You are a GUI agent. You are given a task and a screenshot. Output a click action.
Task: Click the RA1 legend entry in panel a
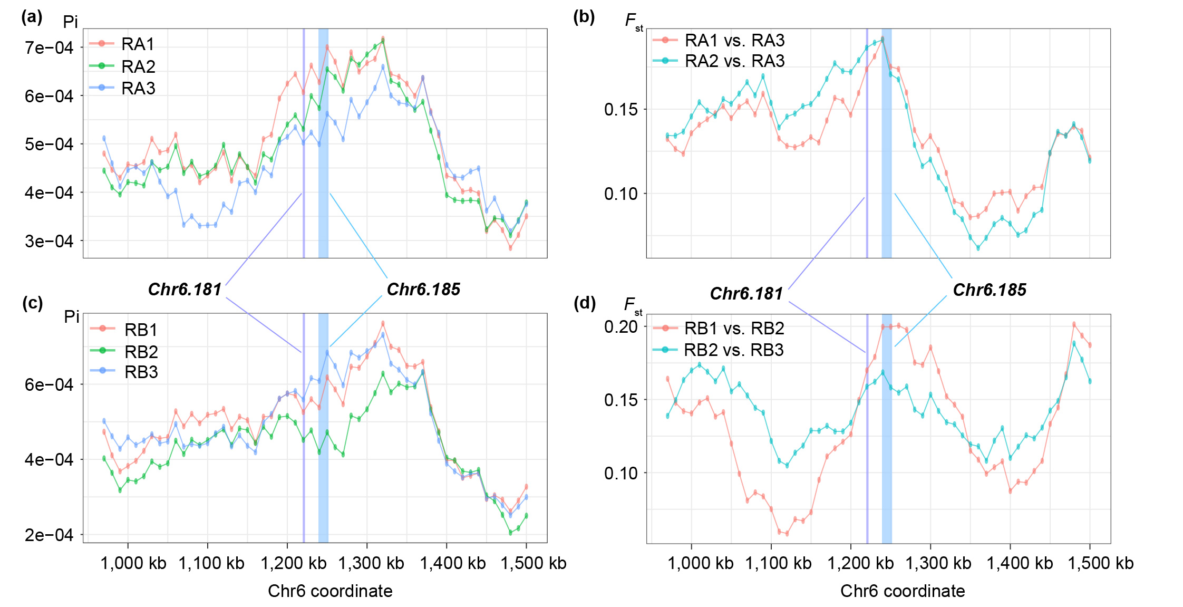[x=138, y=44]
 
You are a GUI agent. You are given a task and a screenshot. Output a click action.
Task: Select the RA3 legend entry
[x=138, y=88]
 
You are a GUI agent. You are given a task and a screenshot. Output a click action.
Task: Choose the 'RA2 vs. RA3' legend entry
[x=734, y=61]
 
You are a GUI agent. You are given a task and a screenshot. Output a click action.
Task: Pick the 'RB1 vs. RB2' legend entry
[x=734, y=329]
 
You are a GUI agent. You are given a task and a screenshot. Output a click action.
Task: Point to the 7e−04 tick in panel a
[x=49, y=48]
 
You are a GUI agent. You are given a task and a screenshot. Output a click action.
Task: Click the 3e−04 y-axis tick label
[x=49, y=241]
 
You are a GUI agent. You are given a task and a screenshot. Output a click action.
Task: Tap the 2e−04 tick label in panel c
[x=49, y=535]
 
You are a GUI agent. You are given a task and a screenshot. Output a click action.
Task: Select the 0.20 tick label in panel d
[x=621, y=326]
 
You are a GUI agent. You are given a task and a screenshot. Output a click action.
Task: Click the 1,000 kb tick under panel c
[x=133, y=563]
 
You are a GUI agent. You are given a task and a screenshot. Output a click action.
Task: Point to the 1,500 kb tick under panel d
[x=1100, y=563]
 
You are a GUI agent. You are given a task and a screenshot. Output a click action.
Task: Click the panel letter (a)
[x=32, y=17]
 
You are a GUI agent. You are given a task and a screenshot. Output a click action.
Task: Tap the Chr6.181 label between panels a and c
[x=185, y=290]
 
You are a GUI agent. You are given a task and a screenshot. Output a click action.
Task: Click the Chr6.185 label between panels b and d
[x=990, y=290]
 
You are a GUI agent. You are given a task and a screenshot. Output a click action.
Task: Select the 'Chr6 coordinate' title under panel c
[x=330, y=591]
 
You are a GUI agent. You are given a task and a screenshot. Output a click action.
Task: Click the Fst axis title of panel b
[x=633, y=21]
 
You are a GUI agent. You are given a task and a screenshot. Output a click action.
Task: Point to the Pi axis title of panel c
[x=71, y=316]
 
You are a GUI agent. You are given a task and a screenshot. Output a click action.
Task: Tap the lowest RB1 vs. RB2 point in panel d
[x=787, y=534]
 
